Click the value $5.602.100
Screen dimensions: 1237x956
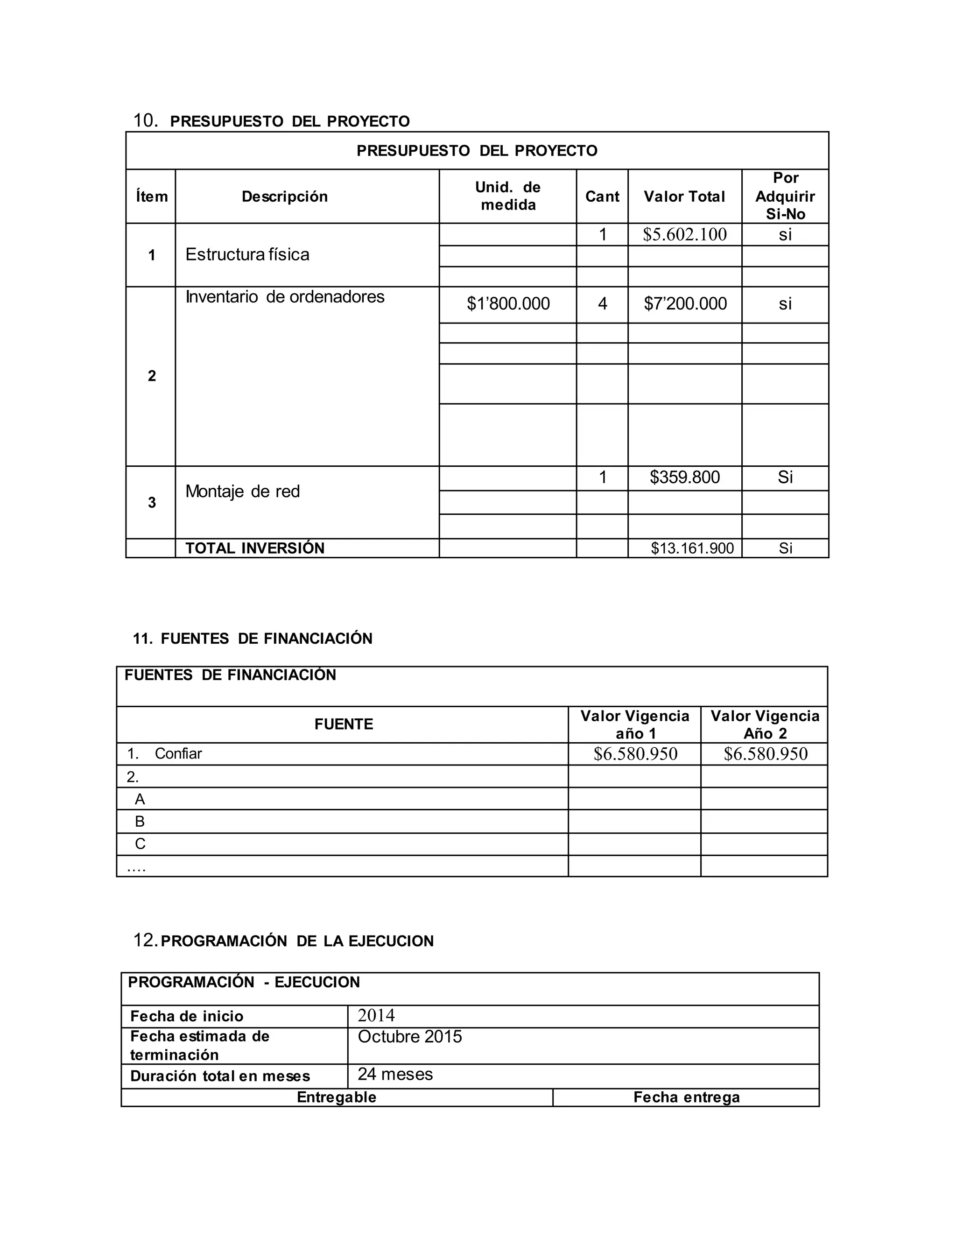[684, 234]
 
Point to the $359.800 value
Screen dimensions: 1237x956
[685, 477]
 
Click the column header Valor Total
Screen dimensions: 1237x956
[684, 197]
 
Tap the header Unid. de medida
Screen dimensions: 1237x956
[508, 196]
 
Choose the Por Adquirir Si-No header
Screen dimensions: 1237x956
[785, 196]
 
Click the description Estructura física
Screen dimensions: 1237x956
[247, 254]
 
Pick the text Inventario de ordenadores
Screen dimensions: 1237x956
[285, 297]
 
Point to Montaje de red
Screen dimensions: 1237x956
[242, 491]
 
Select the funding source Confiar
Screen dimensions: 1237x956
[178, 753]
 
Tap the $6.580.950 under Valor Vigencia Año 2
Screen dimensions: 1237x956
[765, 753]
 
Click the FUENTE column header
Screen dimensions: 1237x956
[343, 724]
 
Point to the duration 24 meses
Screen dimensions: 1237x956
[395, 1074]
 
